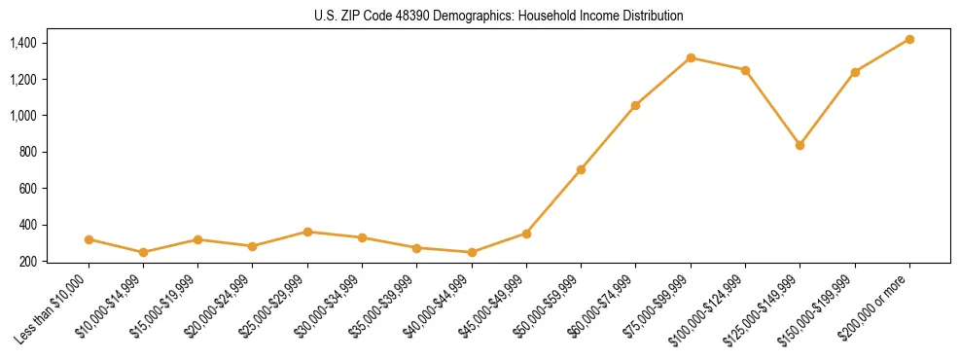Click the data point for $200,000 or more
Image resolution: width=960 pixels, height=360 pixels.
pyautogui.click(x=909, y=39)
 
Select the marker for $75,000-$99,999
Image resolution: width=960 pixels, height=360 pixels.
pyautogui.click(x=691, y=57)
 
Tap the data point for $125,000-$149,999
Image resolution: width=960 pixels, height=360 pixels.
pyautogui.click(x=800, y=145)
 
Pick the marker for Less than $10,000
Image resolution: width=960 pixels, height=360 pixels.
pyautogui.click(x=89, y=239)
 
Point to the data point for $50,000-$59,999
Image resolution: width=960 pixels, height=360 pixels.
pyautogui.click(x=581, y=169)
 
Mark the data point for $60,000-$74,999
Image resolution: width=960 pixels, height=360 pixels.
pyautogui.click(x=635, y=105)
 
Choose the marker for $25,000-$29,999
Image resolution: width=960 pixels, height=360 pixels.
pyautogui.click(x=307, y=232)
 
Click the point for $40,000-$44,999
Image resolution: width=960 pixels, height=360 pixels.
pyautogui.click(x=472, y=252)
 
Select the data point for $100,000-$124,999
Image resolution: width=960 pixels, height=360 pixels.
pyautogui.click(x=745, y=70)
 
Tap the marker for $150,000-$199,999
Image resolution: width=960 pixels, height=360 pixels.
pyautogui.click(x=855, y=72)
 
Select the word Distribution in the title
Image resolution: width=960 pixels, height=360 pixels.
pyautogui.click(x=650, y=17)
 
